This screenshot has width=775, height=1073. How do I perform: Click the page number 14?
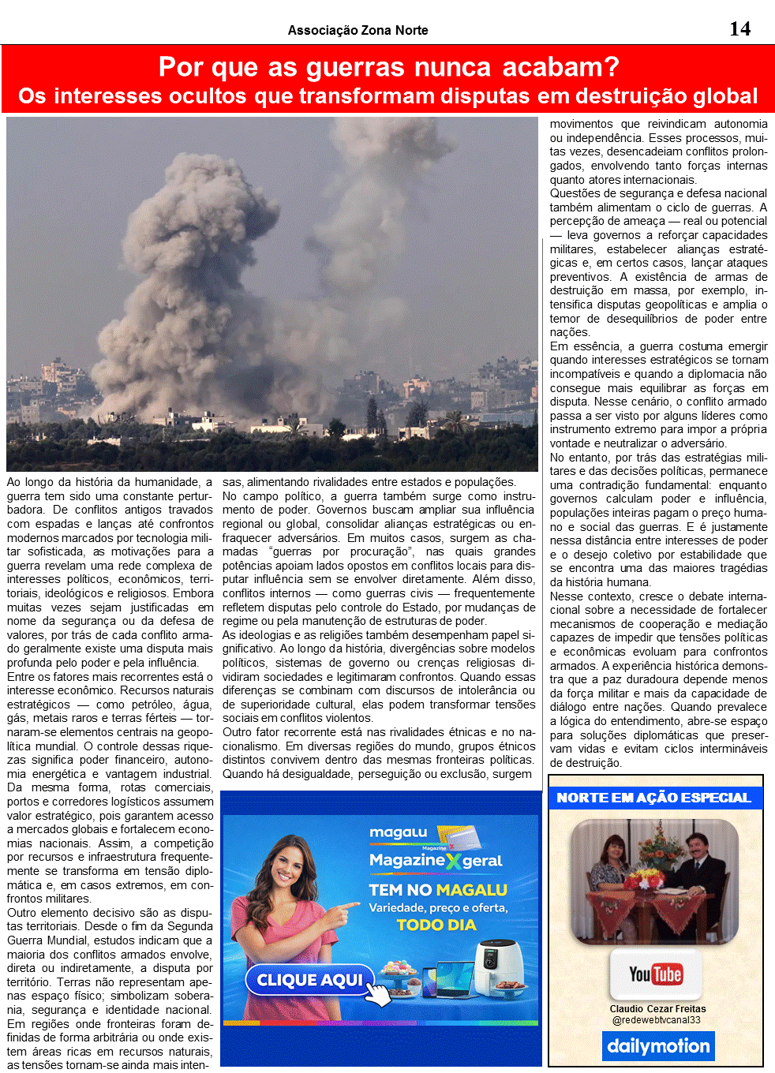coord(739,29)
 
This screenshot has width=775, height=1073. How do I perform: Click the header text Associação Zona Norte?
coord(358,30)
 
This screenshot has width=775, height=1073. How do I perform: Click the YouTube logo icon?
coord(655,974)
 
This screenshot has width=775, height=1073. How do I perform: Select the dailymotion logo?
coord(658,1046)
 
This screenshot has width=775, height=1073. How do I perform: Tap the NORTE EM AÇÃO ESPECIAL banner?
coord(654,798)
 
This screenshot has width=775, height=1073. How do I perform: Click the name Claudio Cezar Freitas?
coord(657,1008)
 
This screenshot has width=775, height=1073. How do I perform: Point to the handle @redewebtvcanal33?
coord(657,1020)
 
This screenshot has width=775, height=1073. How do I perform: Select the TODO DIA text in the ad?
coord(436,925)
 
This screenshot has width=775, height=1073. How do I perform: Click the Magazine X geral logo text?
coord(436,861)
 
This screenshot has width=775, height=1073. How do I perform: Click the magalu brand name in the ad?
coord(399,832)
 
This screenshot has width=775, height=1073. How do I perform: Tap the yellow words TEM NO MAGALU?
coord(438,890)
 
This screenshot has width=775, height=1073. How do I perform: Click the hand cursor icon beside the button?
coord(380,995)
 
